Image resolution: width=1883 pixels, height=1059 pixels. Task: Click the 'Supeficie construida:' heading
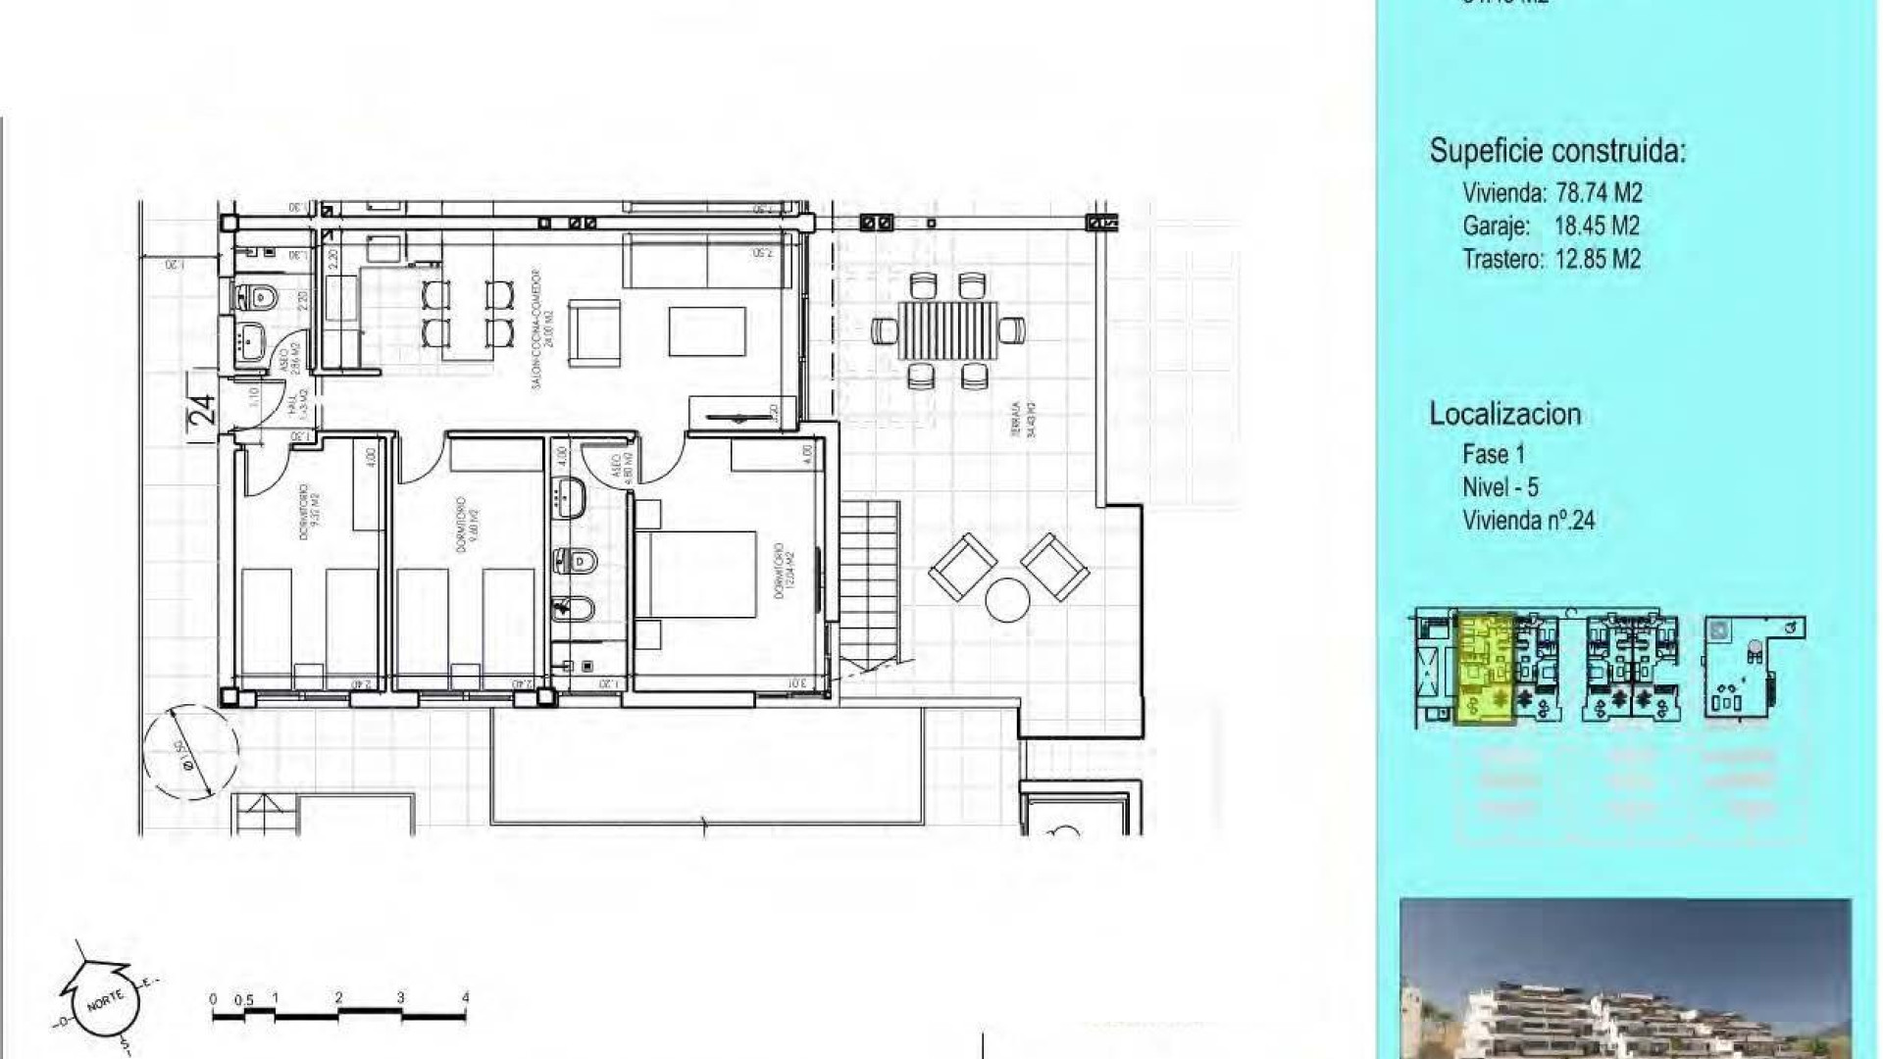(x=1557, y=151)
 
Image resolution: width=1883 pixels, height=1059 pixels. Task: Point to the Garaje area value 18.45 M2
(x=1597, y=227)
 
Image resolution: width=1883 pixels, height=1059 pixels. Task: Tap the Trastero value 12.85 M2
(x=1598, y=260)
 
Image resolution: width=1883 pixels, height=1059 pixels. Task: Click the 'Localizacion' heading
(x=1504, y=414)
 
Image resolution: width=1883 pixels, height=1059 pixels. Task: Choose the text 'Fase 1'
(x=1494, y=454)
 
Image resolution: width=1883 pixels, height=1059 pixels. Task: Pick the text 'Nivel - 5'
(x=1501, y=487)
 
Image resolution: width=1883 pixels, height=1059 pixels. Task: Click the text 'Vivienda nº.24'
(x=1528, y=521)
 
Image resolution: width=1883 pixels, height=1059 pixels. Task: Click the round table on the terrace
(x=1007, y=600)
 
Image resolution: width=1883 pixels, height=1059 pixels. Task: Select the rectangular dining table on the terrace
(x=947, y=330)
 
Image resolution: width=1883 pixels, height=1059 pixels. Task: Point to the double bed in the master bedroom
(x=696, y=575)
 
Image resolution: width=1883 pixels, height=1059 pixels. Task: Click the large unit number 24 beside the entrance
(x=202, y=409)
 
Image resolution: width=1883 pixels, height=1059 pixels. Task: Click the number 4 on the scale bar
(x=465, y=998)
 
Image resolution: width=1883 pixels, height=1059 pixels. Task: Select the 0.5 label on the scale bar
(x=243, y=1000)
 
